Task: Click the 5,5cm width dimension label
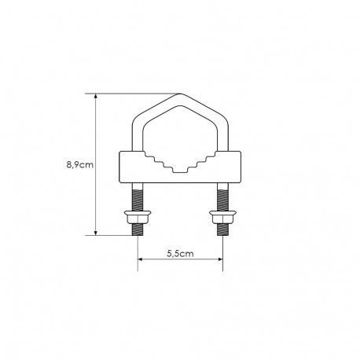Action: click(x=179, y=255)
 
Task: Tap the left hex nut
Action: click(x=138, y=216)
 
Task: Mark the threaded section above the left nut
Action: click(x=138, y=197)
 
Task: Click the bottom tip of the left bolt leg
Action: click(x=138, y=233)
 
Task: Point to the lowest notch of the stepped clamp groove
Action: click(x=179, y=170)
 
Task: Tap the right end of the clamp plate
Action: click(x=241, y=167)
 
